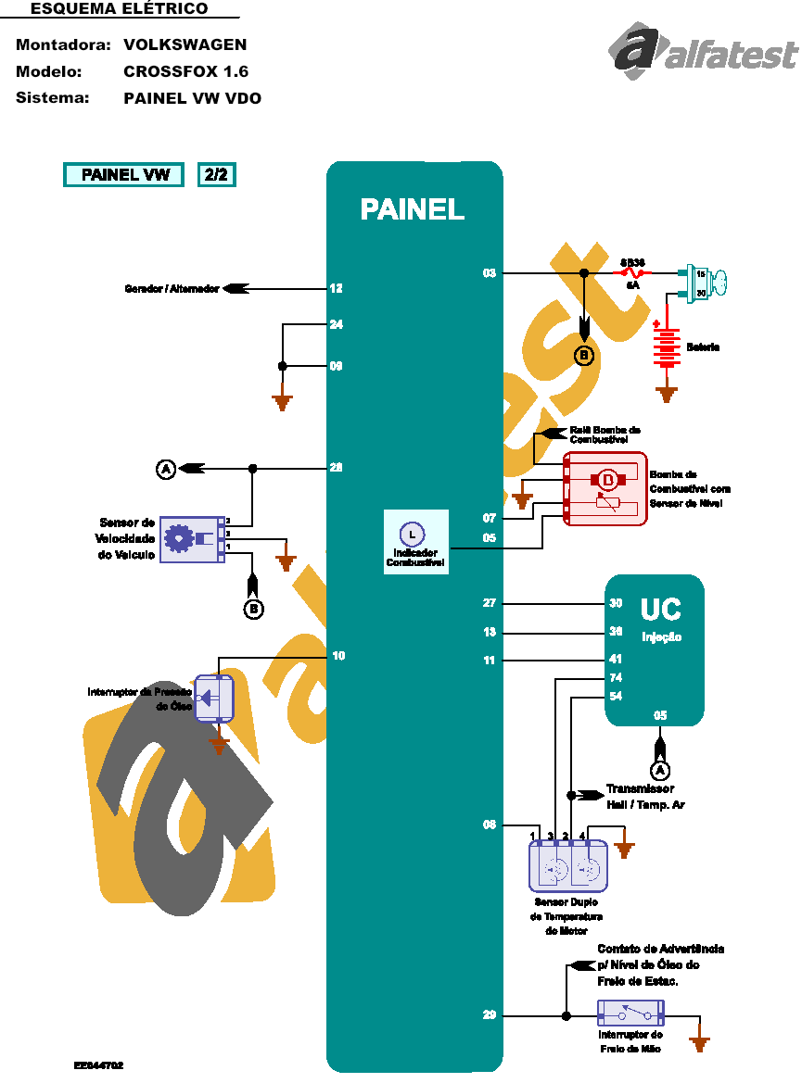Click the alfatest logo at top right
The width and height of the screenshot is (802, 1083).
click(703, 54)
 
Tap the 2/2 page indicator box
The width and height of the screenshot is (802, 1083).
click(216, 174)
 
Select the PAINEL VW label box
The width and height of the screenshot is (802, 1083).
click(124, 174)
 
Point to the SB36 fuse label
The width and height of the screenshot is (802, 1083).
click(633, 262)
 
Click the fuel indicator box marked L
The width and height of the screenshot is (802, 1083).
click(415, 541)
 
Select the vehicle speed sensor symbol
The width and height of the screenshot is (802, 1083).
click(193, 539)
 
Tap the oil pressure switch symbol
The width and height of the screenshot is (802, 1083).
click(215, 698)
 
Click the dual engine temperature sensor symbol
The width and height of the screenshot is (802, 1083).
click(567, 868)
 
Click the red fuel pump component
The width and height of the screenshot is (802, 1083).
click(605, 488)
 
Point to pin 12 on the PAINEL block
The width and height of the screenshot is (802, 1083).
click(336, 289)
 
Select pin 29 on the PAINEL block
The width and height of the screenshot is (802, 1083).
click(490, 1015)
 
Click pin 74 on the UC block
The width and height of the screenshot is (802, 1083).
click(616, 678)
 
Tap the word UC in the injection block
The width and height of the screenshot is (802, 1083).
click(660, 610)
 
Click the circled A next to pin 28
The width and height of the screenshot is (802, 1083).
click(165, 470)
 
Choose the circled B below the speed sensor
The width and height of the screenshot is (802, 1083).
click(254, 609)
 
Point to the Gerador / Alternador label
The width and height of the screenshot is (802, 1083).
click(172, 289)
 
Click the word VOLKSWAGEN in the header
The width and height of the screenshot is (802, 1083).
click(185, 44)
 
